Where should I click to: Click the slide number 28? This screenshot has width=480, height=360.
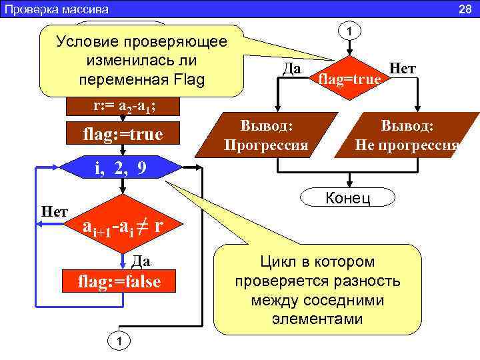pyautogui.click(x=465, y=9)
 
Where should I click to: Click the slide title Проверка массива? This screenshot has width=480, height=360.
pyautogui.click(x=57, y=9)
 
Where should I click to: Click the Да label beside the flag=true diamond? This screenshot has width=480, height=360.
pyautogui.click(x=290, y=69)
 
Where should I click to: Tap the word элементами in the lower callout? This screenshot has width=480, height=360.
pyautogui.click(x=317, y=319)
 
